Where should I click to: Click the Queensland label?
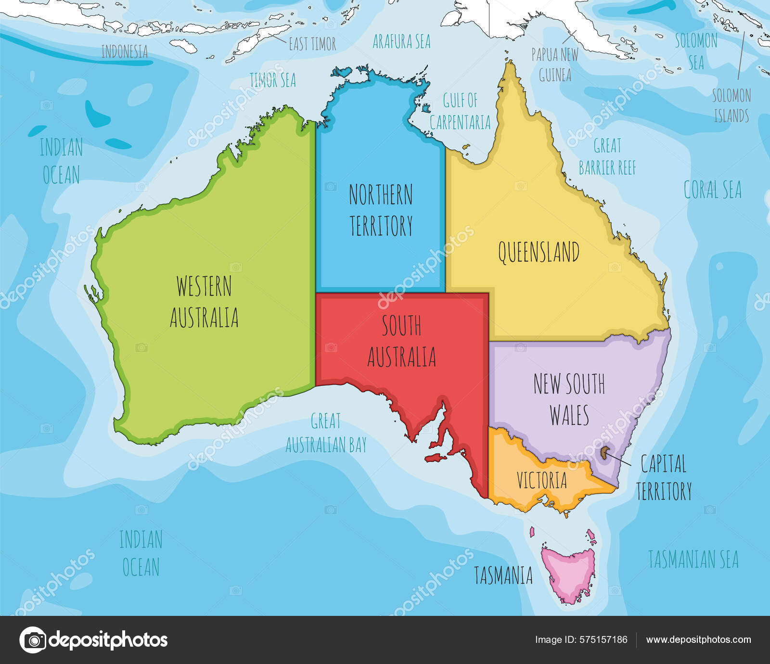click(x=538, y=252)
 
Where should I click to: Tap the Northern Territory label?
click(x=381, y=210)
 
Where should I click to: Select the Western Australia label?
click(x=204, y=302)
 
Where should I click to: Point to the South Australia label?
click(x=401, y=341)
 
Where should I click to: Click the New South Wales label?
click(x=569, y=399)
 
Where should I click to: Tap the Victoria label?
click(x=541, y=480)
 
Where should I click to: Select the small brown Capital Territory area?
click(x=604, y=453)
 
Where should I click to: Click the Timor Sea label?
click(x=272, y=80)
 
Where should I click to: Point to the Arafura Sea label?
click(x=401, y=41)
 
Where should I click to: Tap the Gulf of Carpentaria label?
click(x=460, y=112)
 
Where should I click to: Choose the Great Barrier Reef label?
click(x=607, y=156)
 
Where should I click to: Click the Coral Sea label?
click(x=712, y=190)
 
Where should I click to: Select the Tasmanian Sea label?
click(x=693, y=559)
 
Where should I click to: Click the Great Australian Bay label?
click(x=326, y=433)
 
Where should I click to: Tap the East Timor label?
click(x=312, y=44)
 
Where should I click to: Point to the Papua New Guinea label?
click(x=554, y=64)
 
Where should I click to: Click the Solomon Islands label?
click(x=731, y=105)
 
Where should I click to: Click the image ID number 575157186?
click(x=603, y=639)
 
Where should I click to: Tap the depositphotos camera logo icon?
click(x=33, y=640)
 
